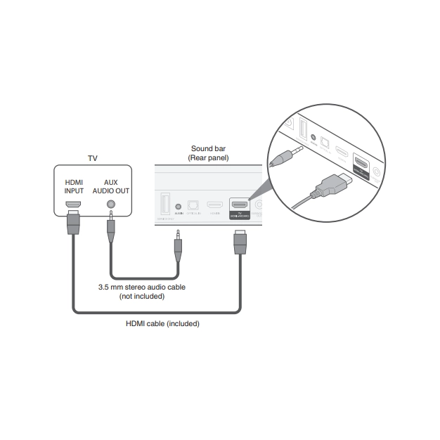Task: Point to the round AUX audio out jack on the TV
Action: (x=110, y=205)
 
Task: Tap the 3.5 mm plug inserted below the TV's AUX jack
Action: (x=110, y=229)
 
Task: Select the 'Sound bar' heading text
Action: (x=209, y=149)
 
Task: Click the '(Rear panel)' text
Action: (x=209, y=159)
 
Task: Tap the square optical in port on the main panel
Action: (x=193, y=207)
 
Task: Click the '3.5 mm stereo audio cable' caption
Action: (x=142, y=287)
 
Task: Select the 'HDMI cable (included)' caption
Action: (x=162, y=324)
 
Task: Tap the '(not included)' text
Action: (x=142, y=296)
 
